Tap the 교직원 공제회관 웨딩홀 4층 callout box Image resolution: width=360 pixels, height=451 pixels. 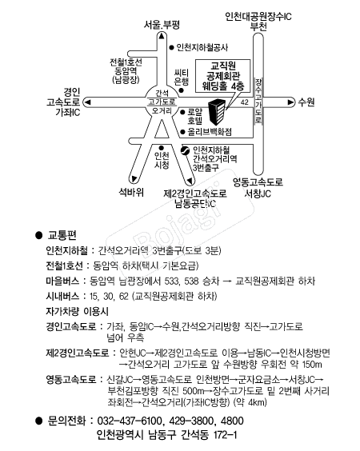click(222, 76)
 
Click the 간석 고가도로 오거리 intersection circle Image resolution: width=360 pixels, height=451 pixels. click(162, 102)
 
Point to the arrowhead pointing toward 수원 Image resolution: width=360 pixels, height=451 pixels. click(290, 102)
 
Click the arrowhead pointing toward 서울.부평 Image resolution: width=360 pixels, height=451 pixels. click(162, 36)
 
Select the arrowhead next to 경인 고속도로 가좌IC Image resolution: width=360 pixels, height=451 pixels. click(87, 102)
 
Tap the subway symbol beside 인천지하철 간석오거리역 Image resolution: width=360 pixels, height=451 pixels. click(185, 150)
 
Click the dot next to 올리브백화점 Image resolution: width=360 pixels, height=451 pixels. click(182, 132)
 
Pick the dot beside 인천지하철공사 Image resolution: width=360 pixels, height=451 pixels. click(171, 47)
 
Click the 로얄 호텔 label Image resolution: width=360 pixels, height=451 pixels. click(195, 116)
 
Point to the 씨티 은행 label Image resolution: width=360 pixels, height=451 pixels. click(182, 77)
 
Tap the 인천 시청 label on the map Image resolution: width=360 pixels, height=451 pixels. click(162, 160)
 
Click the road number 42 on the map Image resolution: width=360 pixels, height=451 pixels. click(244, 102)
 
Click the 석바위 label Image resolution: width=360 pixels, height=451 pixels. click(131, 192)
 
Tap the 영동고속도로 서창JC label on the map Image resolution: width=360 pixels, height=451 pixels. click(258, 188)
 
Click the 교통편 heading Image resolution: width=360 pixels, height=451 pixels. click(62, 235)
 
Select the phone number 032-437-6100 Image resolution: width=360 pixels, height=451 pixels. click(130, 421)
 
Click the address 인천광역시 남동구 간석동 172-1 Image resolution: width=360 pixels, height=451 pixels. click(167, 434)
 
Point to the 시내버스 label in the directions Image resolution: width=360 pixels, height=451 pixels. click(62, 296)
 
